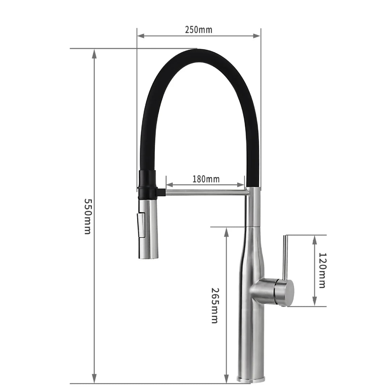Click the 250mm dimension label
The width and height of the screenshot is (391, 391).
click(x=198, y=30)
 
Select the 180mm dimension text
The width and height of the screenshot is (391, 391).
click(x=206, y=179)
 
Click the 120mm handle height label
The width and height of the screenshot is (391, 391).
click(x=321, y=270)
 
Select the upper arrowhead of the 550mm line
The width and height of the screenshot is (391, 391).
click(x=94, y=54)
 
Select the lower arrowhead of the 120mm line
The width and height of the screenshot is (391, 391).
click(x=315, y=301)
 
